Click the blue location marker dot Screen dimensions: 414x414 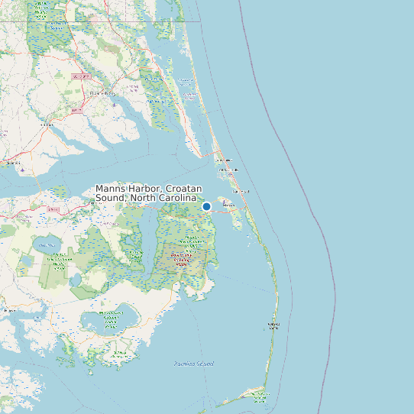coord(206,206)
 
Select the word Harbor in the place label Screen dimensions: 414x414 coord(145,189)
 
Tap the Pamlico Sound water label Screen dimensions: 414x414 coord(193,364)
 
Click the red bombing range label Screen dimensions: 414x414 coord(182,259)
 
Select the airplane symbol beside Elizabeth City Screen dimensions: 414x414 coord(114,105)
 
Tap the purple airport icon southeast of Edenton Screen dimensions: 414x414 coord(24,170)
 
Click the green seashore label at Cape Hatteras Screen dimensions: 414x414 coord(273,326)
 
